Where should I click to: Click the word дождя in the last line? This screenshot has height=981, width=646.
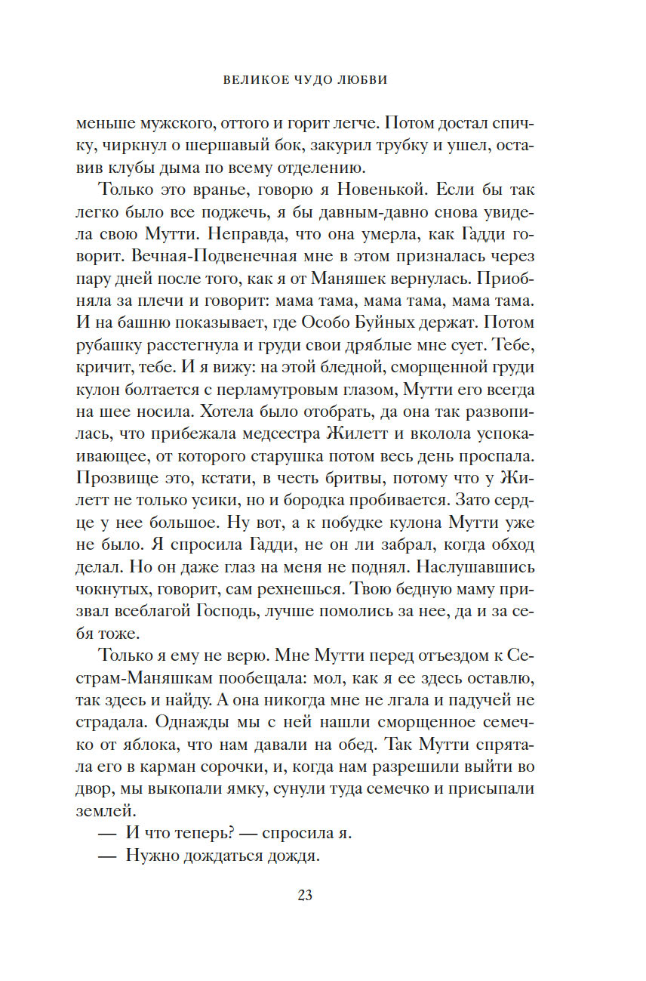point(288,856)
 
